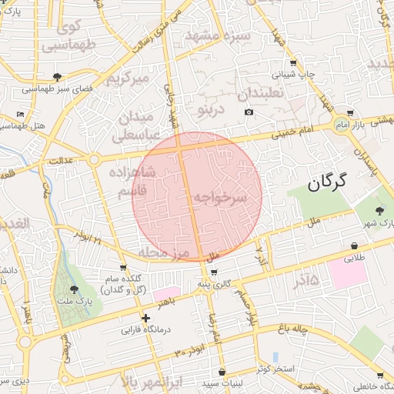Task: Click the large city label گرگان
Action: (327, 182)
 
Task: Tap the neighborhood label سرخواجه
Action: (219, 198)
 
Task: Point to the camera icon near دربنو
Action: (249, 112)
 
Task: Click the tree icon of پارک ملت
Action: (74, 289)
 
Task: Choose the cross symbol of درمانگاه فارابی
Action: (145, 317)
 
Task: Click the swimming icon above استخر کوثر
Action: (275, 356)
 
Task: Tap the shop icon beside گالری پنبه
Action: (213, 272)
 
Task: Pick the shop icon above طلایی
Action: (354, 245)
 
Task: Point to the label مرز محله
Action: (163, 252)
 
